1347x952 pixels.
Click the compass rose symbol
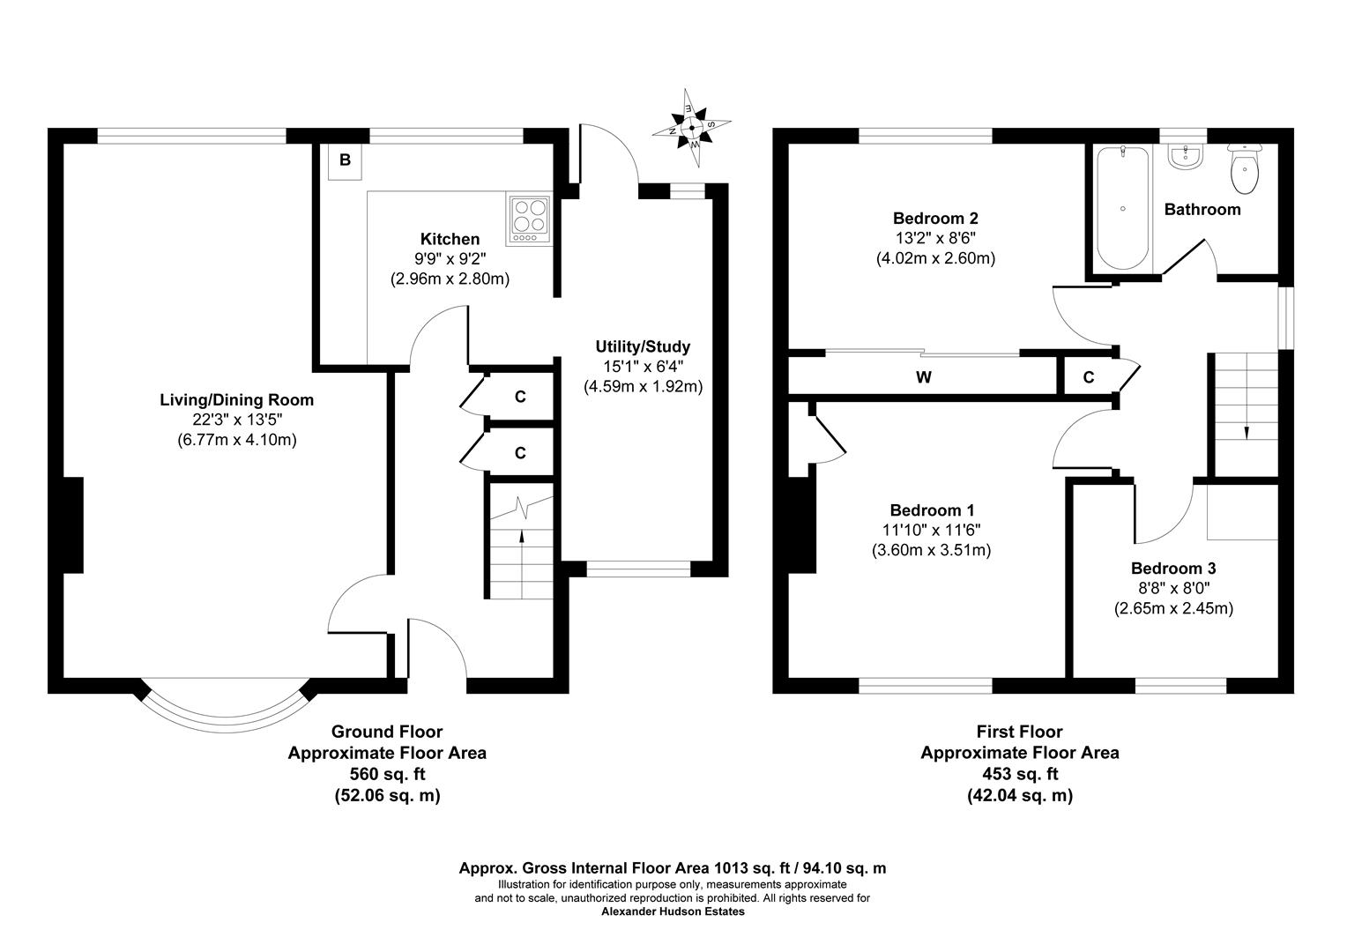point(692,128)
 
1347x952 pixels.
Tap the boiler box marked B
point(345,160)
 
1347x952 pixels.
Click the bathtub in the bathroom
point(1121,209)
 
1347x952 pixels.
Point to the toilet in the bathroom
point(1245,169)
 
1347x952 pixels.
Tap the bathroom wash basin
point(1184,158)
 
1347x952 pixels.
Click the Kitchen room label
point(450,239)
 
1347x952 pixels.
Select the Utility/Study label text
point(643,346)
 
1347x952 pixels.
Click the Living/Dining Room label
point(236,399)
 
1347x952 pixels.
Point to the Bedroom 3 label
point(1173,569)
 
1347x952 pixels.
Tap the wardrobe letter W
point(924,377)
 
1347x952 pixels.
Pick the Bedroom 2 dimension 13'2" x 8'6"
point(935,238)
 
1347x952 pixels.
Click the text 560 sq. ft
point(387,774)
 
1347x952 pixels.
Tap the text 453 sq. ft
point(1020,774)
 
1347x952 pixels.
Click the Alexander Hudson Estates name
point(673,911)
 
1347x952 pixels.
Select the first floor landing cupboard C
point(1089,377)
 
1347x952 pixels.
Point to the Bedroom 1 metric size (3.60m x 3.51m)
point(932,550)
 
